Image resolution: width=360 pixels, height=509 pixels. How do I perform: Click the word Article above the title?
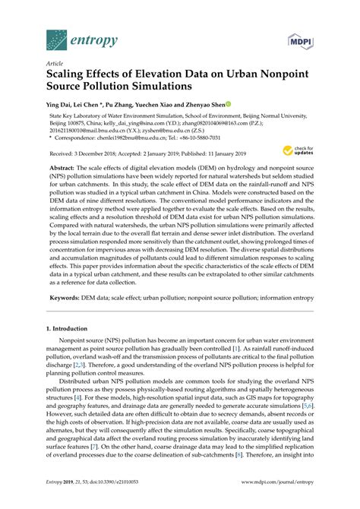click(x=54, y=66)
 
